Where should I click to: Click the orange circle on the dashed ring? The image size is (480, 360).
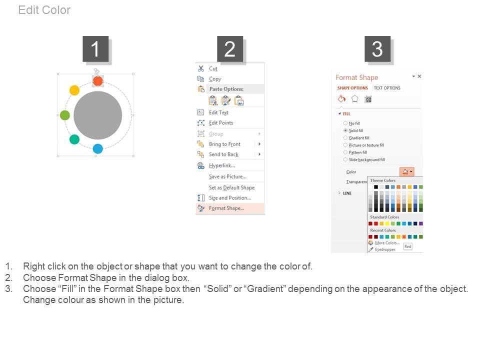(97, 81)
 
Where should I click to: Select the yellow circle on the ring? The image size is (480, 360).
(74, 90)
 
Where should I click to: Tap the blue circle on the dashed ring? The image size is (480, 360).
(97, 149)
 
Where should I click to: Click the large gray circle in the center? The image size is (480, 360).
(97, 115)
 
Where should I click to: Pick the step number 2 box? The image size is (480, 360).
(230, 48)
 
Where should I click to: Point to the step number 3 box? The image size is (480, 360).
(377, 48)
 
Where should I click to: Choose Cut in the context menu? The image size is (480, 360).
(213, 68)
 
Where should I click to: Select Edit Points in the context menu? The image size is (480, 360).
(221, 123)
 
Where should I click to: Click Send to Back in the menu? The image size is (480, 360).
(223, 154)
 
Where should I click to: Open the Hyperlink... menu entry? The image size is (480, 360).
(221, 165)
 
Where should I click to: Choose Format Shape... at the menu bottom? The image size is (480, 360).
(226, 208)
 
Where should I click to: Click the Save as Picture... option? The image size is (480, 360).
(227, 176)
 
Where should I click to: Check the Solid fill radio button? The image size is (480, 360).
(345, 130)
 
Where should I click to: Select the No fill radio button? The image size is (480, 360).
(345, 123)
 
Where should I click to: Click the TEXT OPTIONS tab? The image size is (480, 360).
(387, 88)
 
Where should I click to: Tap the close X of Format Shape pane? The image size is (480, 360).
(419, 76)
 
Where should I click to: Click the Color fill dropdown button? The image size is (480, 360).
(406, 171)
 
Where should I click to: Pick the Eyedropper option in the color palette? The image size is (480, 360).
(385, 249)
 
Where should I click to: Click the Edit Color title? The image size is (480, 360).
(44, 10)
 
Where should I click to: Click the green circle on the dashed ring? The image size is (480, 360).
(65, 115)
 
